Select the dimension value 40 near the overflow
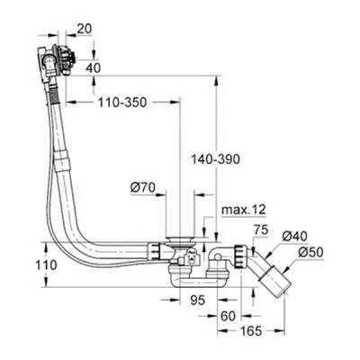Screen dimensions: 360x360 tap(94, 66)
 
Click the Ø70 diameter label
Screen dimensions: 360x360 tap(143, 188)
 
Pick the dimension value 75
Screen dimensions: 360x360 tap(259, 230)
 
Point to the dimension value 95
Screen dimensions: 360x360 tap(199, 300)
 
